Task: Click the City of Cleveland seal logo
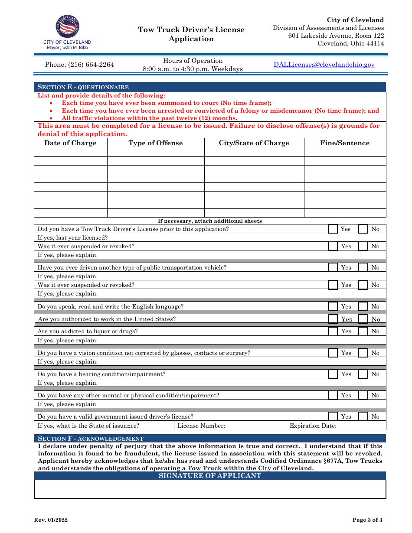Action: (67, 27)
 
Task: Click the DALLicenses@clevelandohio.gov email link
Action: (324, 65)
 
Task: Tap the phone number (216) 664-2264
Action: (79, 65)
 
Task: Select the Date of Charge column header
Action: (70, 143)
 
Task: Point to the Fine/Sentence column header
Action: (345, 143)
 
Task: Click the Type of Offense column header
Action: (156, 143)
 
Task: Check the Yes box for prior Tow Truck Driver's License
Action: (333, 229)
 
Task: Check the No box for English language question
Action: (363, 306)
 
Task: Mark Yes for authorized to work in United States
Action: (333, 319)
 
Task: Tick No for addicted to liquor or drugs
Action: (363, 331)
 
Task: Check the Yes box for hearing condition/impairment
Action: (333, 374)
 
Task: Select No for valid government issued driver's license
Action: (363, 416)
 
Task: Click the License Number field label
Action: (201, 426)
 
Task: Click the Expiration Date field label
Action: (313, 426)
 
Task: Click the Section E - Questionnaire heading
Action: (83, 87)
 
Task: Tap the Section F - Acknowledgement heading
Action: (90, 439)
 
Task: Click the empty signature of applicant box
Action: (210, 489)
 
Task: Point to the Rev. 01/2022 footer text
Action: (51, 520)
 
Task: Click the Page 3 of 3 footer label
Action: (367, 520)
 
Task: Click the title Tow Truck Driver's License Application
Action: (191, 34)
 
